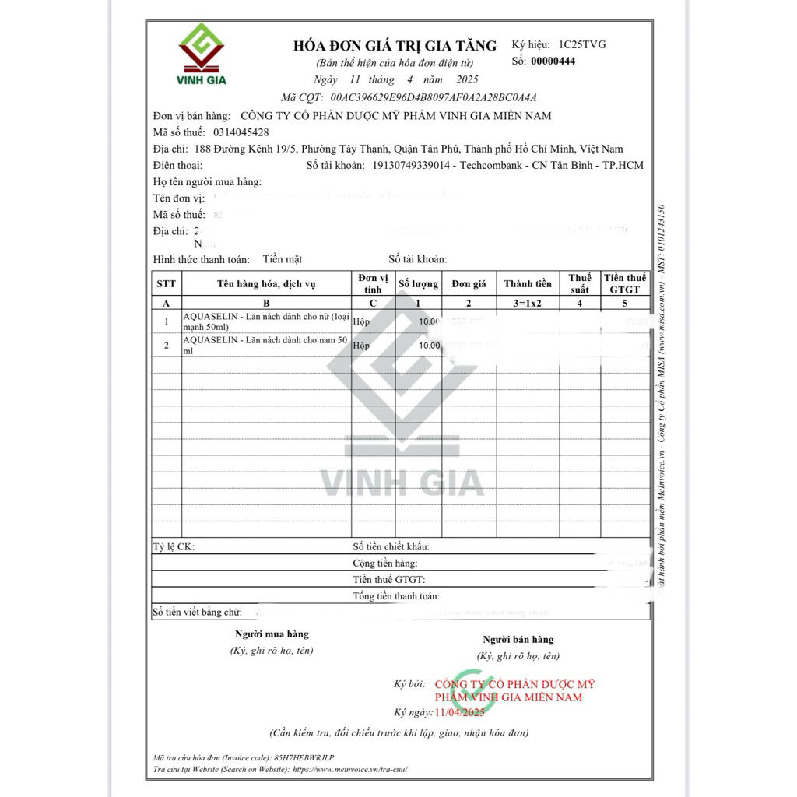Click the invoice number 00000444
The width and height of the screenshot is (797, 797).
tap(553, 61)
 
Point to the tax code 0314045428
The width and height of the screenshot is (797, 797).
tap(241, 132)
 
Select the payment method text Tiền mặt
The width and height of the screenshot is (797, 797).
tap(282, 259)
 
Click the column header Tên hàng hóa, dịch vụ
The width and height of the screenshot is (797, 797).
tap(266, 284)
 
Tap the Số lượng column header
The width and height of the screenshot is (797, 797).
tap(419, 284)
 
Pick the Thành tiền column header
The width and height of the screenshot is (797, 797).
tap(528, 284)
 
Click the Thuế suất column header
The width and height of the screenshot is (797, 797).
tap(580, 283)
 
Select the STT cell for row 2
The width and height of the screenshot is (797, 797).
tap(166, 345)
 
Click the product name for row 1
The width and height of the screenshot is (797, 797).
tap(266, 321)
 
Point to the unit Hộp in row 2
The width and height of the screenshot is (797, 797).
tap(361, 345)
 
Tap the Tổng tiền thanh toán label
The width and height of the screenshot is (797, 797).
tap(396, 596)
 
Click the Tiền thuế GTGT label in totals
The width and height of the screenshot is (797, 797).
tap(389, 579)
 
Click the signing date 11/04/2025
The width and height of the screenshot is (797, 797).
tap(460, 712)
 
